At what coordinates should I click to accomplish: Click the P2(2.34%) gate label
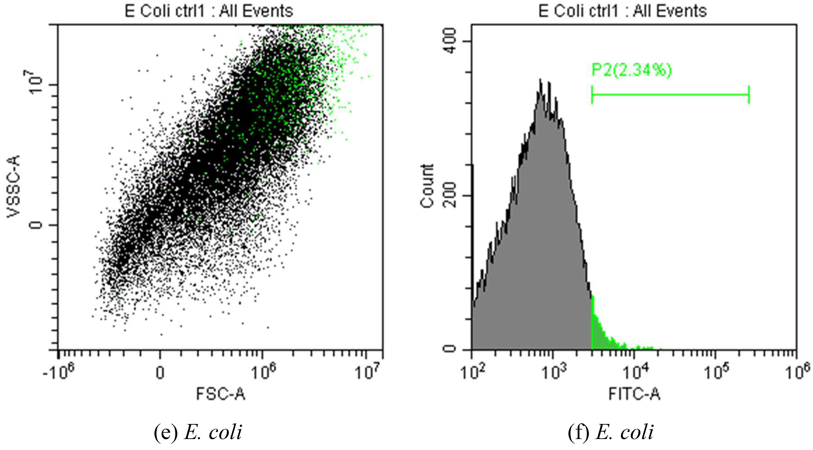(631, 70)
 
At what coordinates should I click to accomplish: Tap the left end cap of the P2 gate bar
(592, 94)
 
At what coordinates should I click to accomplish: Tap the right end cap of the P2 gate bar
(749, 94)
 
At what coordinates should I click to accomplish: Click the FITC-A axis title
(634, 394)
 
